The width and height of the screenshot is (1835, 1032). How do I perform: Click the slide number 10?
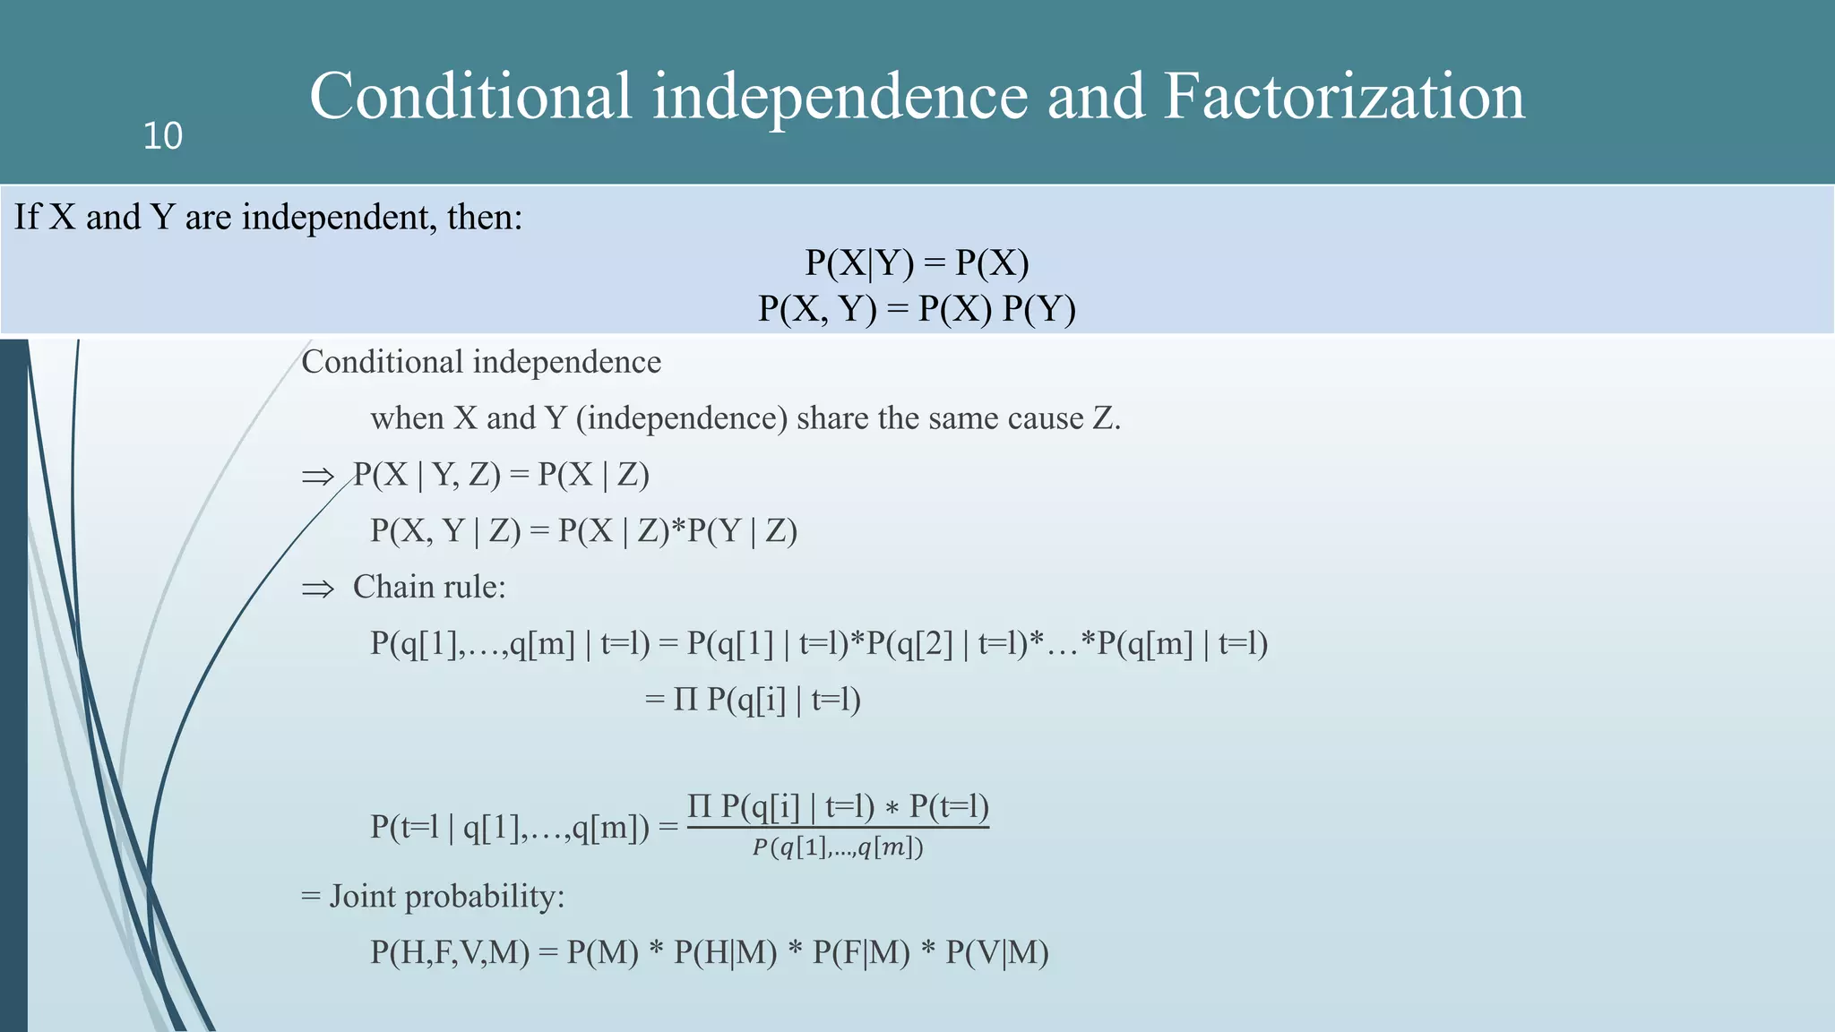(162, 136)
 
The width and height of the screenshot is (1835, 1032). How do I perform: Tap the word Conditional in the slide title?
(470, 96)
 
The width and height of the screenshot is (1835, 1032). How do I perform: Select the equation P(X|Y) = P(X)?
(917, 262)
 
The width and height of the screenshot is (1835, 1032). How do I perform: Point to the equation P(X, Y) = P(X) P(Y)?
(917, 308)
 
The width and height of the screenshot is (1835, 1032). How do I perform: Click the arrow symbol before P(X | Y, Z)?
(317, 477)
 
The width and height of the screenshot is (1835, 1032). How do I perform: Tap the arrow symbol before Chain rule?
(317, 589)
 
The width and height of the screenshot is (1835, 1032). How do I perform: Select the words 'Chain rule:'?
(429, 587)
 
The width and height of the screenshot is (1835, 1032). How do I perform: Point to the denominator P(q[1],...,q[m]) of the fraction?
(838, 847)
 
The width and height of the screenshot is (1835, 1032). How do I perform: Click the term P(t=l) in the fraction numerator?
(949, 806)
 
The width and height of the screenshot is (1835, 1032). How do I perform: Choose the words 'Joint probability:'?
(447, 896)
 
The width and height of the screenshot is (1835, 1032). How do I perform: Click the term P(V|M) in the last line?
(997, 952)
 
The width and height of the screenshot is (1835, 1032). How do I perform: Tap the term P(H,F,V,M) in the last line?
(451, 952)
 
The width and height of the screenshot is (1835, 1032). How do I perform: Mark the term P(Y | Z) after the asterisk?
(742, 531)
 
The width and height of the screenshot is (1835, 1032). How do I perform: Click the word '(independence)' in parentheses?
(682, 418)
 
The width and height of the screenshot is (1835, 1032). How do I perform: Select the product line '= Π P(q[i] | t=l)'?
(753, 700)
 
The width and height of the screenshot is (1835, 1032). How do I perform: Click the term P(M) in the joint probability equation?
(602, 952)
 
